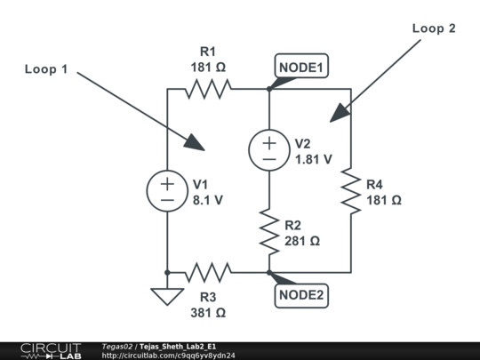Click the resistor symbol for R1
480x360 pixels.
coord(208,88)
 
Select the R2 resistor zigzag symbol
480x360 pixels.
coord(268,231)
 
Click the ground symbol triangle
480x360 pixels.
coord(167,294)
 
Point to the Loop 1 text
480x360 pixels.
coord(45,69)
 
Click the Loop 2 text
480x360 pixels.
coord(434,28)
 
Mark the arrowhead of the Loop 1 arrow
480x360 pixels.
coord(197,144)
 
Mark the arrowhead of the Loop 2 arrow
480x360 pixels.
coord(336,116)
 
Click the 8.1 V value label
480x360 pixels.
coord(208,200)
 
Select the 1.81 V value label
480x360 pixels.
coord(313,159)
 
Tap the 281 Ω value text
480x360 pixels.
coord(303,241)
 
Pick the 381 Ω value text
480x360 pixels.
coord(208,312)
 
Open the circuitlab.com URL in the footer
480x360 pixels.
coord(169,356)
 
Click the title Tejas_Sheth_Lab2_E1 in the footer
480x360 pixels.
coord(178,346)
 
